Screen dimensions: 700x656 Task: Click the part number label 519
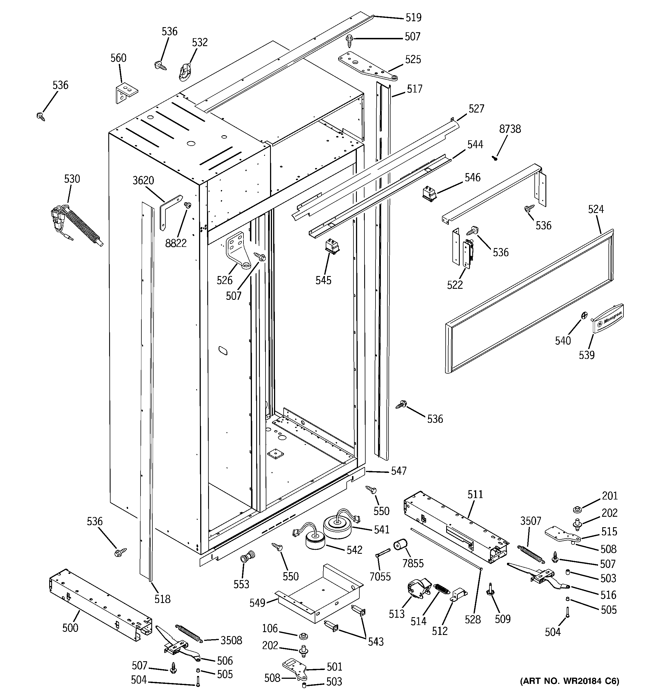coord(413,18)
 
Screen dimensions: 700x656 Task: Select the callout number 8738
coord(510,129)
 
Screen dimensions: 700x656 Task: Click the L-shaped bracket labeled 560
coord(126,92)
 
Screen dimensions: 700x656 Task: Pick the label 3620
coord(143,181)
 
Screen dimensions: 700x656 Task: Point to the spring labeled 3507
coord(531,553)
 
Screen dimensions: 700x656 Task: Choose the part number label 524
coord(596,210)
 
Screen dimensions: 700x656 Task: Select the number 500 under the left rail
coord(70,628)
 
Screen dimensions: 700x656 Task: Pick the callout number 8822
coord(176,243)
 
